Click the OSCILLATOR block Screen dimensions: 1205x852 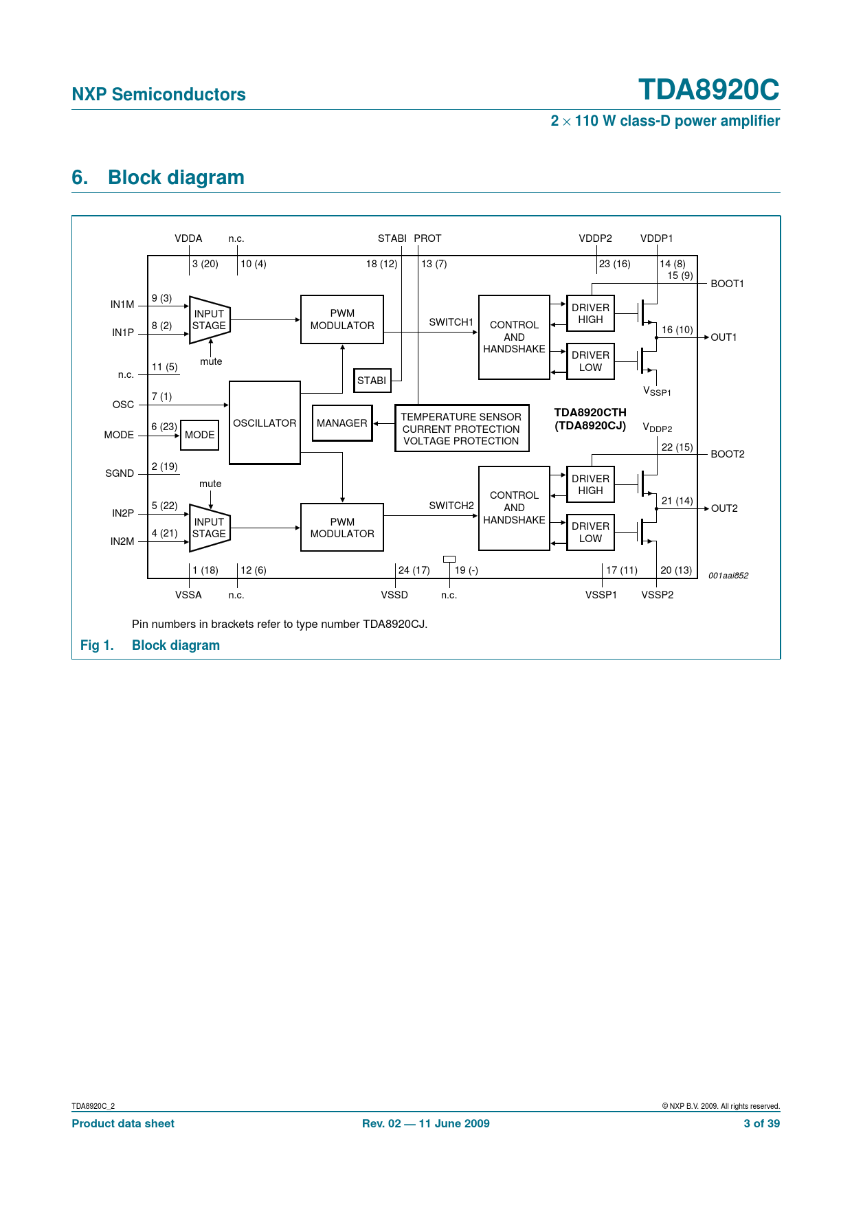(x=265, y=423)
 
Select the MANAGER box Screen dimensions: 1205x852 (x=342, y=423)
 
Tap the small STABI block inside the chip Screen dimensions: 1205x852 (x=372, y=381)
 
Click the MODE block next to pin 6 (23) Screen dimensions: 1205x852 (x=199, y=435)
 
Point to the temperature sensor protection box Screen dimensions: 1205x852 (x=462, y=429)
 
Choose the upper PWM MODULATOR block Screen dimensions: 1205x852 (x=342, y=319)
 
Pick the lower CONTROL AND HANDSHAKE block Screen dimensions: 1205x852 (x=514, y=508)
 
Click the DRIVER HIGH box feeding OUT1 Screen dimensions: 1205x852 (x=590, y=313)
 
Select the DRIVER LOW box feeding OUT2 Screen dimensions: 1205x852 (x=590, y=532)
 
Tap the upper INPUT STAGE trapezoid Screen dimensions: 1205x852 (x=209, y=319)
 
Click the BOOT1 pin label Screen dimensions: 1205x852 (x=727, y=284)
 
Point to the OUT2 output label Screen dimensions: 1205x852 (x=724, y=508)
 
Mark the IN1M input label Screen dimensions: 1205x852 (x=122, y=304)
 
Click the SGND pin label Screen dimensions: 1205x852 (x=120, y=473)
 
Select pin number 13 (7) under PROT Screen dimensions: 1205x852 (x=434, y=264)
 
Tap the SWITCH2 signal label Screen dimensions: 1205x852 (x=451, y=506)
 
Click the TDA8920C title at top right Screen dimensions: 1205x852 (x=708, y=90)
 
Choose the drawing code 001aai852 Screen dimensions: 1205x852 (x=728, y=576)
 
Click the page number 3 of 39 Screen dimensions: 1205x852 (x=761, y=1123)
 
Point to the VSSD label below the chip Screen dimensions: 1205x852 (x=394, y=595)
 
